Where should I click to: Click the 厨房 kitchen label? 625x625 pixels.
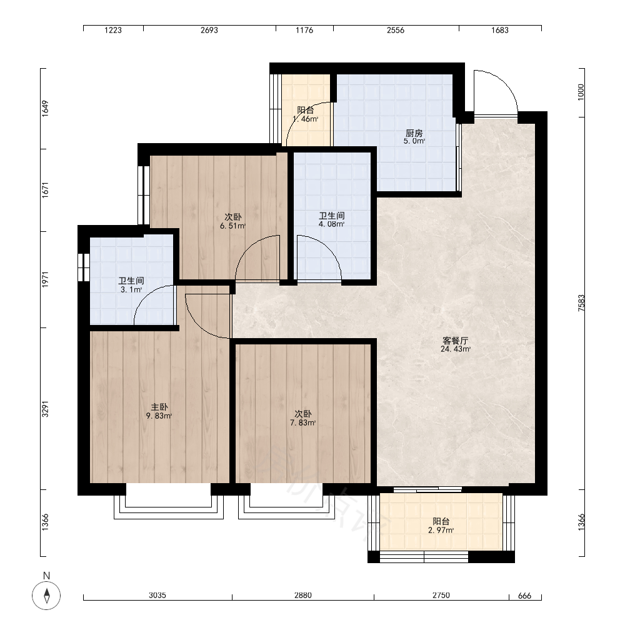pos(414,133)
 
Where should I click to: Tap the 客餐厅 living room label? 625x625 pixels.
pos(455,341)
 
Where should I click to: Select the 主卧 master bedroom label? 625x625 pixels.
pos(159,407)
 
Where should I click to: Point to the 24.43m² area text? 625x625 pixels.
pos(456,349)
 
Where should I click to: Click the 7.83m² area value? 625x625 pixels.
pos(303,422)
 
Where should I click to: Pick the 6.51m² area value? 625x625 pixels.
pos(232,226)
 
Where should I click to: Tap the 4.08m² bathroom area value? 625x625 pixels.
pos(332,224)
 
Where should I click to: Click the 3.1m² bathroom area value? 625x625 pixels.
pos(131,290)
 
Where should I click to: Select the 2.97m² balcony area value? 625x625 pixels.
pos(441,530)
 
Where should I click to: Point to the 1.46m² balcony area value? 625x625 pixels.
pos(306,119)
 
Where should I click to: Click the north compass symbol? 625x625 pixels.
pos(47,596)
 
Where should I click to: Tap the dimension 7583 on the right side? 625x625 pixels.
pos(581,303)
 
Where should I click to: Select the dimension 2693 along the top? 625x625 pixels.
pos(209,30)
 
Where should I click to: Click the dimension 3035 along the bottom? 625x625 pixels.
pos(157,596)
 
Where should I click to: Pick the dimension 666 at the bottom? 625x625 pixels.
pos(524,596)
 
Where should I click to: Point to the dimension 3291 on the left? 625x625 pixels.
pos(45,409)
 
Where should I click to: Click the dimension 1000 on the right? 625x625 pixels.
pos(581,92)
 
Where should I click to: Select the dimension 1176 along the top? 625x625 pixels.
pos(304,30)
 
